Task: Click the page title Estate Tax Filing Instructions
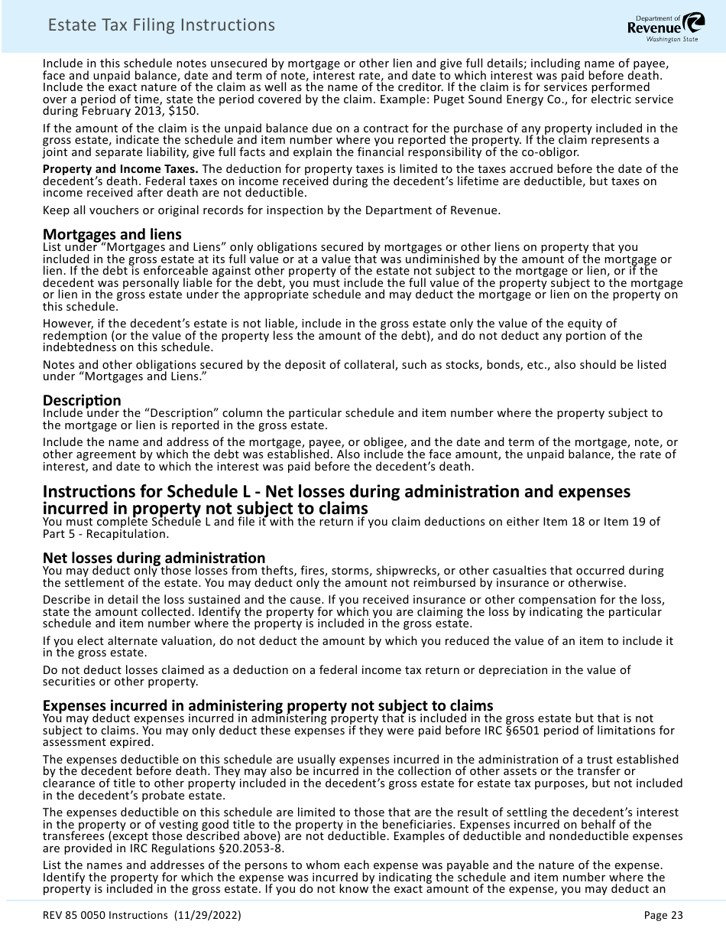coord(161,25)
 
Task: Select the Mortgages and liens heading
coord(112,234)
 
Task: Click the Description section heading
coord(82,400)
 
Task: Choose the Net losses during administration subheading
coord(154,558)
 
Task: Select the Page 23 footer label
coord(663,915)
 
